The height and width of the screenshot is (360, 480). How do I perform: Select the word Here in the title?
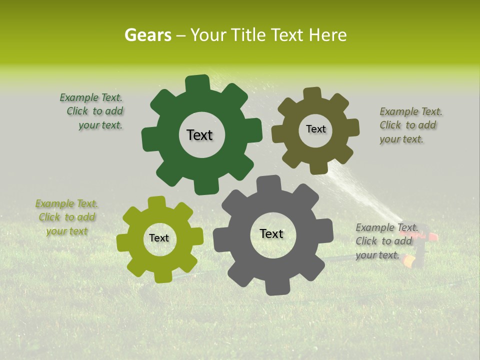(x=327, y=35)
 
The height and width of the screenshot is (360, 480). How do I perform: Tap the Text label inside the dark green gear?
(x=199, y=135)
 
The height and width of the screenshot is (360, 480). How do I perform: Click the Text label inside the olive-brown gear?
(x=315, y=129)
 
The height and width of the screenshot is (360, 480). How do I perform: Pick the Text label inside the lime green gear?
(x=159, y=238)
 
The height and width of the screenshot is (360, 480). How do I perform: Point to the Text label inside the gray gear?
(x=271, y=234)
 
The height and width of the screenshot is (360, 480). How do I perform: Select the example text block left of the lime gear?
(x=66, y=217)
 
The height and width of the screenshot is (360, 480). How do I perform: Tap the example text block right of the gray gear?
(x=384, y=241)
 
